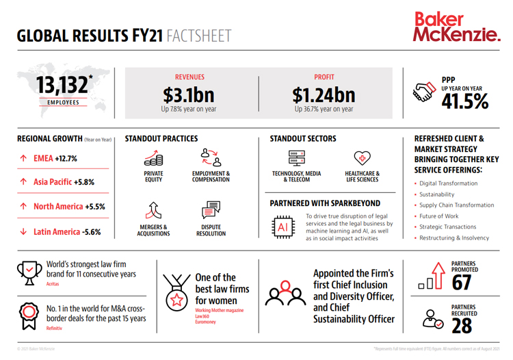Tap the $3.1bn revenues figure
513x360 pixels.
[189, 94]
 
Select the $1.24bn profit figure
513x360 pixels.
[324, 94]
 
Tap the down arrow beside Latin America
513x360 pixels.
[24, 232]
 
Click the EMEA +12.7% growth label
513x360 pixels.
[55, 159]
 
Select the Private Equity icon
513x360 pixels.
[153, 158]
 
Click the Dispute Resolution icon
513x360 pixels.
[211, 209]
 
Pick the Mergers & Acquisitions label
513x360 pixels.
[153, 231]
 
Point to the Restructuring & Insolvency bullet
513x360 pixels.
[454, 238]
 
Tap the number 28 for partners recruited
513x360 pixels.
[462, 326]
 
